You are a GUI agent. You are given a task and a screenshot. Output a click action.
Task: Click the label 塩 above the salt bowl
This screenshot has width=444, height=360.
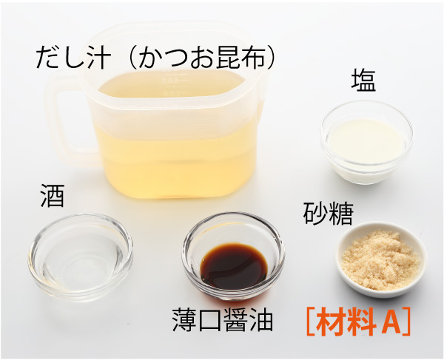click(363, 81)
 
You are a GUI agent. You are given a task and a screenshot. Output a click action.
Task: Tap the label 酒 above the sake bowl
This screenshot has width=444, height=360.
click(53, 196)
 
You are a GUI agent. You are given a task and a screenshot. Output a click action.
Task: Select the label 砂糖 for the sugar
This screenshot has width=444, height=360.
click(328, 213)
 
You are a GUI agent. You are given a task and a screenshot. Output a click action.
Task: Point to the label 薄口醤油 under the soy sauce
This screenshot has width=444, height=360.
click(223, 320)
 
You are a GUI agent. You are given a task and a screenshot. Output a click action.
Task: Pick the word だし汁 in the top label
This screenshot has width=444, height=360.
click(73, 58)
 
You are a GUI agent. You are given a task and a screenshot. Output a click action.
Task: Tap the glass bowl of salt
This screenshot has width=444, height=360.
click(366, 142)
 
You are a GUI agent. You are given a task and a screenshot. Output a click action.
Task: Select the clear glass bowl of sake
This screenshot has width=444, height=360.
click(81, 257)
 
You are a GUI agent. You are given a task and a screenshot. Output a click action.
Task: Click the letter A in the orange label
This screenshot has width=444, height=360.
click(391, 322)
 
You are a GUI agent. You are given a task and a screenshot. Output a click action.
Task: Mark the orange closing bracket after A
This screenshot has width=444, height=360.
click(406, 322)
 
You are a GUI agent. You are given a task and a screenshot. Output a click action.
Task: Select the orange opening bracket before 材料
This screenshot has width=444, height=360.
click(311, 322)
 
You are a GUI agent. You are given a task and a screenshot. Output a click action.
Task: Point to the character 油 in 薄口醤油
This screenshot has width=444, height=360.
click(261, 320)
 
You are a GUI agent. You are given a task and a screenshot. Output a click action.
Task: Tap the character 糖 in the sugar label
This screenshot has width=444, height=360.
click(341, 213)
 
